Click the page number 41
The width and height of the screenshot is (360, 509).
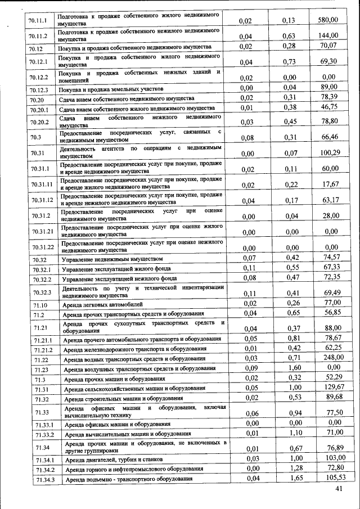[x=339, y=490]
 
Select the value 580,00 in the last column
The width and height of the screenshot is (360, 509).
[x=327, y=20]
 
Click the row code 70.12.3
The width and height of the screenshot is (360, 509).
[x=38, y=89]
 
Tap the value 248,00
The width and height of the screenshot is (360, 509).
[x=329, y=358]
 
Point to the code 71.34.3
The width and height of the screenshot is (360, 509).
[x=45, y=479]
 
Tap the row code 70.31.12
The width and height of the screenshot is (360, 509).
[x=42, y=199]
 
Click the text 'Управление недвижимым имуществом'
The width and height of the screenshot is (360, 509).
[x=112, y=259]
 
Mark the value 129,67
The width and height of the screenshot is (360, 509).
[x=330, y=388]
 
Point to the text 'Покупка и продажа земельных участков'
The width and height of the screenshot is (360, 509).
[x=111, y=89]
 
